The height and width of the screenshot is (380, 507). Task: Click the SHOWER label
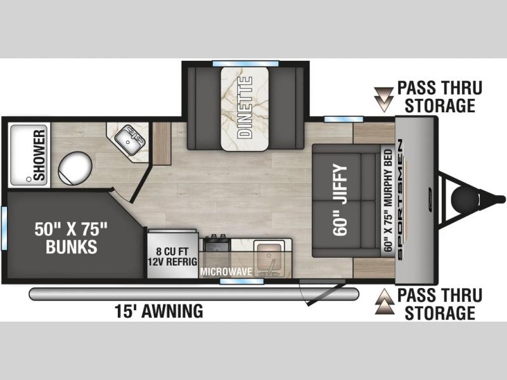coord(39,155)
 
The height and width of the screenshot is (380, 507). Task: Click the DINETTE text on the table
coord(245,107)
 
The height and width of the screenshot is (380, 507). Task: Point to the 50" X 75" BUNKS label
coord(71,238)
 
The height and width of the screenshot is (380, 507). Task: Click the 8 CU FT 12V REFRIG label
coord(172,256)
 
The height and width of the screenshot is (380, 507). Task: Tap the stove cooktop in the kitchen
coord(216,243)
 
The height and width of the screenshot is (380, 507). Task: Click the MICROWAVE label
coord(226,272)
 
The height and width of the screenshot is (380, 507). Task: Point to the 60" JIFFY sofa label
coord(340,200)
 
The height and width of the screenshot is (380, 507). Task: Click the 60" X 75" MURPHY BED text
coord(388,200)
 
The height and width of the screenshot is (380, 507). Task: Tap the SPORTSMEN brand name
coord(400,199)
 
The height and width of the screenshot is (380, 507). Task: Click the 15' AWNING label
coord(159,311)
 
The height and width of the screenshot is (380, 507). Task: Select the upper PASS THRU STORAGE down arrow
coord(384,100)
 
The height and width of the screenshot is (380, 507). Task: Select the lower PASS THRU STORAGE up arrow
coord(385,302)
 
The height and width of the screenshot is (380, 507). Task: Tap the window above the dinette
coord(245,63)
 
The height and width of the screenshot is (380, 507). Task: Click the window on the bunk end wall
coord(4,228)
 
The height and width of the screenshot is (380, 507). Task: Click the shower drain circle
coord(29,179)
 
